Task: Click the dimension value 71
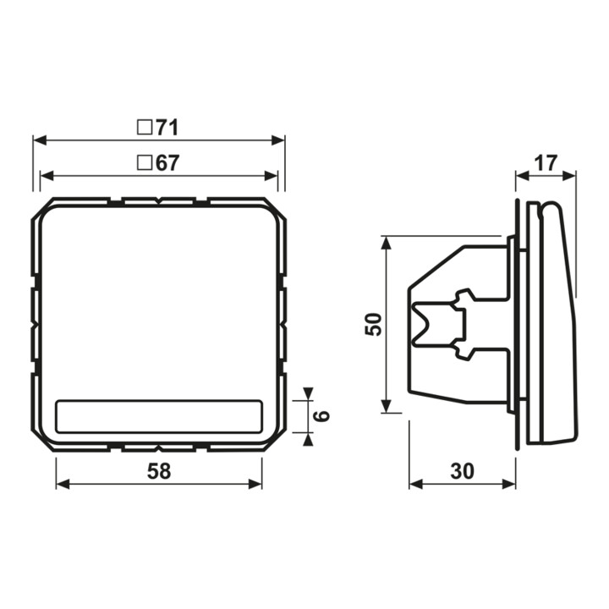pos(167,128)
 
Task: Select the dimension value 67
pos(167,163)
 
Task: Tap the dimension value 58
pos(159,471)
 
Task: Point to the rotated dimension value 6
pos(321,416)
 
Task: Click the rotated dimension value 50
pos(374,324)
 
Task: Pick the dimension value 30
pos(462,471)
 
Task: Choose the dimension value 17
pos(546,163)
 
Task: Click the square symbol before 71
pos(145,128)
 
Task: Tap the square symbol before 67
pos(145,163)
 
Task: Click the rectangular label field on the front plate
pos(159,416)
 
